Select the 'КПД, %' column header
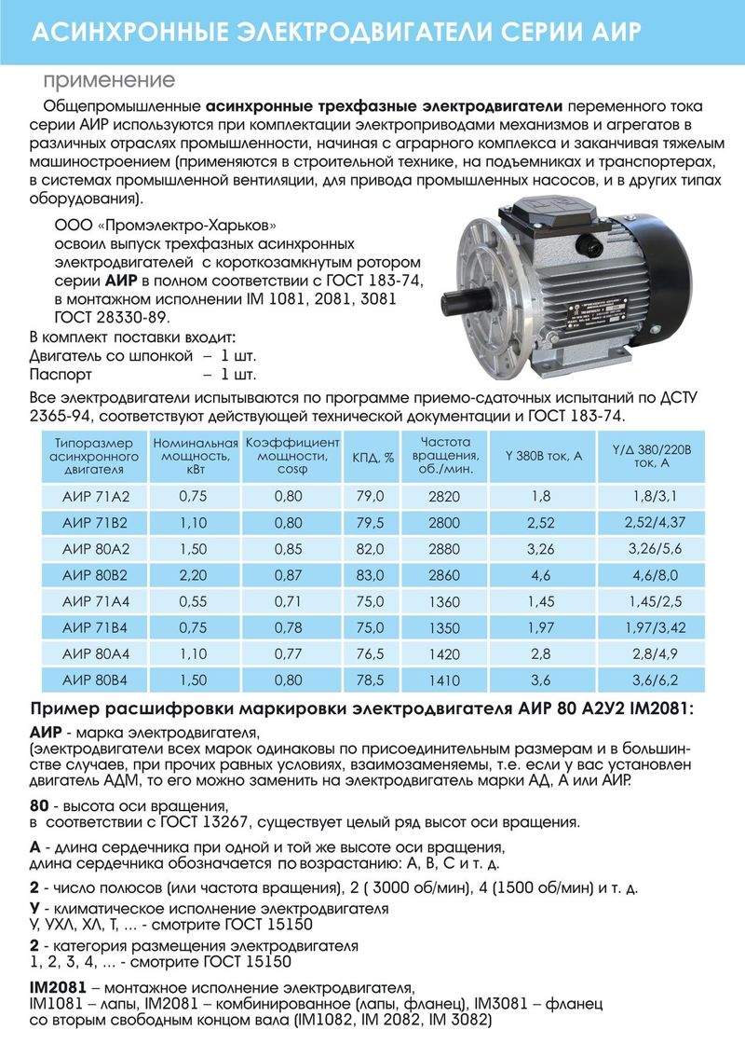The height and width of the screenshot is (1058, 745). coord(373,457)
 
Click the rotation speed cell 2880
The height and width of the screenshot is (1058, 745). coord(445,548)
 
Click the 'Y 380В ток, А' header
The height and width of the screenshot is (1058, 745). coord(543,457)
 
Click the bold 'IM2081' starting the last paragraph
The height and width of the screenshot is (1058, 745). coord(61,987)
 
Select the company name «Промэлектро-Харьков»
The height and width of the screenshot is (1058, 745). coord(190,226)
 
